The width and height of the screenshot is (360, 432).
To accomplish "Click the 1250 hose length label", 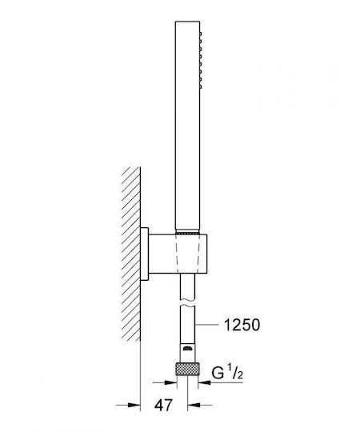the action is (242, 325).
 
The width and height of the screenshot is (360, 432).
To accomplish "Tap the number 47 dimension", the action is (163, 405).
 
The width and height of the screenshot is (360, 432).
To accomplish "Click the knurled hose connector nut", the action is (187, 369).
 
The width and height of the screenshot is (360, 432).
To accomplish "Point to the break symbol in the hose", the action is (187, 302).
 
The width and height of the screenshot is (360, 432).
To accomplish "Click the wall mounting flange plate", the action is (144, 254).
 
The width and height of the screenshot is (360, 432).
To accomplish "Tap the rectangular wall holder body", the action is (178, 254).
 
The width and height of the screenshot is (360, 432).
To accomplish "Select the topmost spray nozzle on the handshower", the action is (201, 34).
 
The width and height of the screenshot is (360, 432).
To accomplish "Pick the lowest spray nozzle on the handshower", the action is (201, 86).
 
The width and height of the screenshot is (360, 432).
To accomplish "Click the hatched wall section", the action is (131, 254).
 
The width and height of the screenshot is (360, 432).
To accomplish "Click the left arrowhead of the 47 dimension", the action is (134, 405).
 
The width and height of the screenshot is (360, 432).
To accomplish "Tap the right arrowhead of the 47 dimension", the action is (194, 405).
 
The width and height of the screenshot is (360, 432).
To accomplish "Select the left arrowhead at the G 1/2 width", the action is (170, 382).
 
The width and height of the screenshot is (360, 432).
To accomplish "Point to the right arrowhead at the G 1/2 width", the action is (204, 382).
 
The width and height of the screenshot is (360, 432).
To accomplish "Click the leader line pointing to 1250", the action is (206, 325).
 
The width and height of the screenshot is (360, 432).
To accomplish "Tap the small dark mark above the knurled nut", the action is (187, 348).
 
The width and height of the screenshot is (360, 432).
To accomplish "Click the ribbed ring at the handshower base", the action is (187, 233).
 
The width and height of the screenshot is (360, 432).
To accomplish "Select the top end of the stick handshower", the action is (187, 21).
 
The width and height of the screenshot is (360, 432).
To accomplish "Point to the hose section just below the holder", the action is (187, 286).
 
